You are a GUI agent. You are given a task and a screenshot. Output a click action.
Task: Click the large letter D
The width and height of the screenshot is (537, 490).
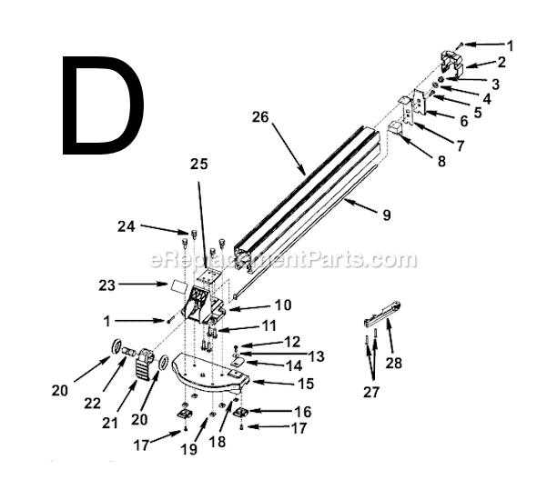pos(103,107)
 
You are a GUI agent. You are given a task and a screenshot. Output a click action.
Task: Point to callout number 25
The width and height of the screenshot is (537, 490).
pos(199,164)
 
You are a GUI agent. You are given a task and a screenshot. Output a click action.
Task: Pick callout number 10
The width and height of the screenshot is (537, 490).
pos(283,305)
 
